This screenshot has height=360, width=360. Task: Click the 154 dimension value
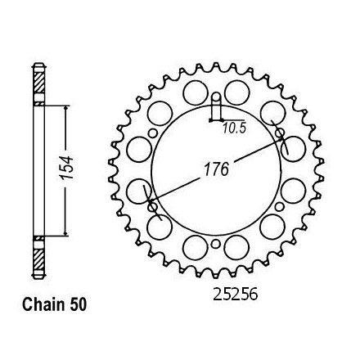click(x=67, y=168)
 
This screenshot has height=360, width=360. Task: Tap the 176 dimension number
click(x=216, y=169)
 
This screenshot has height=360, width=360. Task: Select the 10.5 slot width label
click(x=234, y=128)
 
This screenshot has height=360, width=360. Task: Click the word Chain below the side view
click(x=43, y=304)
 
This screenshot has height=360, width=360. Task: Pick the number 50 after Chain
click(x=78, y=304)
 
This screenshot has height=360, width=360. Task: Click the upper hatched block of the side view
click(x=38, y=83)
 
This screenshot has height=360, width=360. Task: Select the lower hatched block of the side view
click(x=38, y=259)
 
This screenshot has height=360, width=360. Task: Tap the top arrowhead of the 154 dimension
click(x=65, y=109)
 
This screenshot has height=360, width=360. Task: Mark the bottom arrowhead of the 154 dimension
click(x=65, y=233)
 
